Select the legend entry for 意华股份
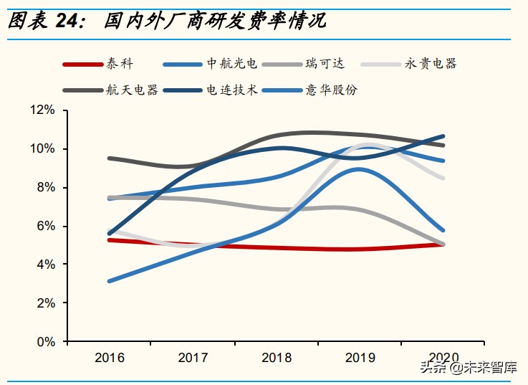point(332,90)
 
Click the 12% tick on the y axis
point(43,110)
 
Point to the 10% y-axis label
point(43,149)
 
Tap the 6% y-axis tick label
point(46,227)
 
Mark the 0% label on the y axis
point(46,342)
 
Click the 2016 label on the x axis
point(110,358)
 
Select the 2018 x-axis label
point(276,358)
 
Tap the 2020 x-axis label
point(443,358)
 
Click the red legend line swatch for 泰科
point(84,65)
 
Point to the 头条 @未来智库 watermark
point(468,369)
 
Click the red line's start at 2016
point(109,240)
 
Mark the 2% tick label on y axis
point(46,303)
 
